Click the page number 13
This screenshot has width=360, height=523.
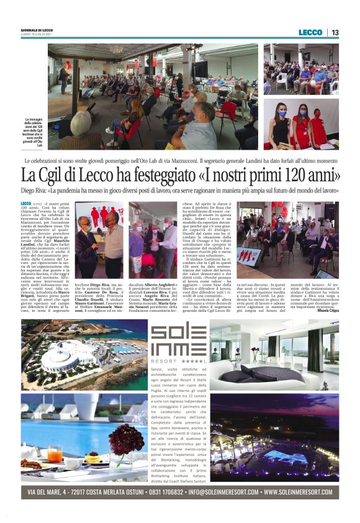pos(335,32)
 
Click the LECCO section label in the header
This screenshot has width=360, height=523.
pos(310,32)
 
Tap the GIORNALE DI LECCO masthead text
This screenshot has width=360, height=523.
pos(37,30)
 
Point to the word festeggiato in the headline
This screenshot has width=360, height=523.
pos(169,176)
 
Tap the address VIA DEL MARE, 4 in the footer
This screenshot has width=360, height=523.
pos(55,492)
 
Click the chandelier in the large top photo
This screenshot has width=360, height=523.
pos(116,49)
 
